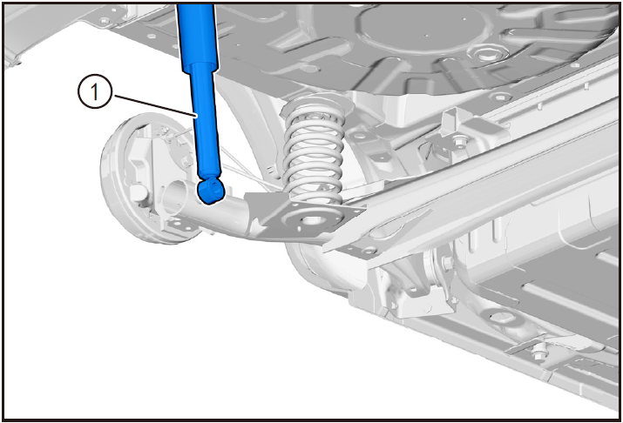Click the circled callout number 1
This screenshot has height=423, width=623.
[94, 92]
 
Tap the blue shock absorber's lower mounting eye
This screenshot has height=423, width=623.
[211, 191]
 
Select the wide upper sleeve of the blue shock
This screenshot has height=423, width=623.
[198, 37]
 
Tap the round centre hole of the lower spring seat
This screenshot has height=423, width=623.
[311, 219]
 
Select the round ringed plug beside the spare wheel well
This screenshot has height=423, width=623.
[484, 53]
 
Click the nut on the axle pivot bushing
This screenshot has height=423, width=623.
[446, 263]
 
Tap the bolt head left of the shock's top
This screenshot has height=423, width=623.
[104, 19]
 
